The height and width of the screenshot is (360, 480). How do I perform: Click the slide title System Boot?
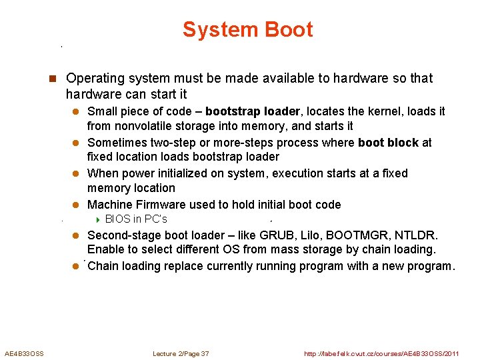[x=247, y=30]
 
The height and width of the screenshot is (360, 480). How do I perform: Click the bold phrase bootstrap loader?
[x=253, y=111]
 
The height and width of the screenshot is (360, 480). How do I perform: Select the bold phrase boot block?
[x=388, y=143]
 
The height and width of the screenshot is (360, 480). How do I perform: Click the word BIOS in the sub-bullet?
[x=117, y=219]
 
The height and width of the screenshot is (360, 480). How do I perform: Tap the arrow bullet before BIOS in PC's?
[x=97, y=219]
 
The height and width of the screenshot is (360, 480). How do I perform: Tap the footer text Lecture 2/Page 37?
[x=181, y=354]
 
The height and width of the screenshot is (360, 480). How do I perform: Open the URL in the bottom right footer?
[x=381, y=354]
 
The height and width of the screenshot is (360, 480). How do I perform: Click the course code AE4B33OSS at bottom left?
[x=24, y=354]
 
